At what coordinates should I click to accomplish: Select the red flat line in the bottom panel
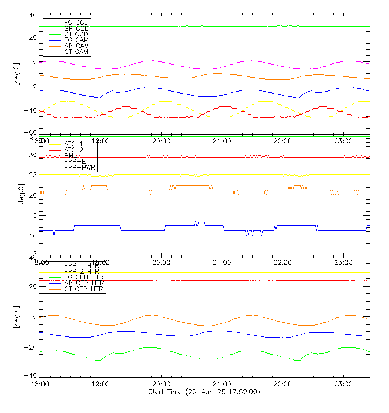[x=194, y=280]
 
